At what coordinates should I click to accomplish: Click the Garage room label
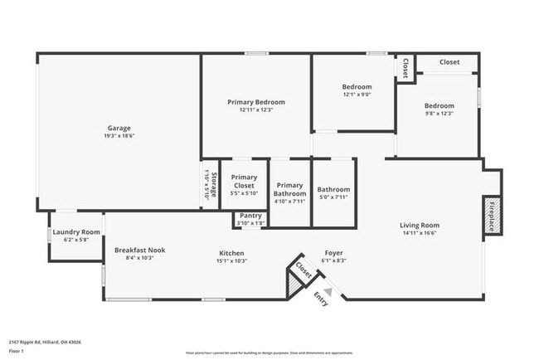(119, 128)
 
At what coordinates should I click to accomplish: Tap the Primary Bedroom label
(256, 101)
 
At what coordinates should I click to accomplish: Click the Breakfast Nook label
(140, 250)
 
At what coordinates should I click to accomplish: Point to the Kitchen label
(232, 253)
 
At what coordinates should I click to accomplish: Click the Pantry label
(250, 216)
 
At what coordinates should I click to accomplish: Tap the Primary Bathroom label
(289, 189)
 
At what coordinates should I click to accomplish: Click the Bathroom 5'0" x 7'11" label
(333, 189)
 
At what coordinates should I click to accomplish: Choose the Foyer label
(333, 253)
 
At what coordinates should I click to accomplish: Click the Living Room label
(419, 225)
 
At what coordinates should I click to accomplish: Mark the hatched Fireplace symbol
(492, 215)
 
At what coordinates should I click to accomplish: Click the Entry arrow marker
(328, 292)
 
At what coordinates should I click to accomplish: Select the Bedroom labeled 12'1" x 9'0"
(357, 86)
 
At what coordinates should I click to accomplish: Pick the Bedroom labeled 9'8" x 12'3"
(439, 105)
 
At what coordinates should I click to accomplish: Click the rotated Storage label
(213, 183)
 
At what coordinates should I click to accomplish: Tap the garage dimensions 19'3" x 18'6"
(119, 136)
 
